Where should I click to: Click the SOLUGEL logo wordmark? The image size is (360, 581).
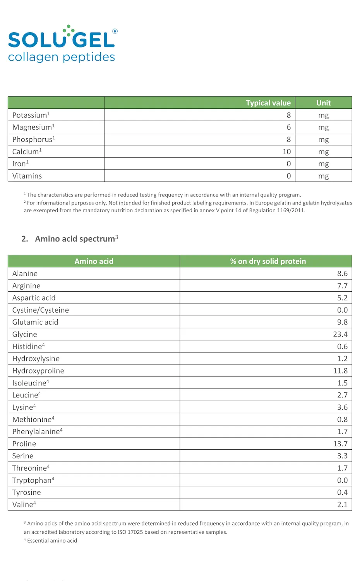pos(61,40)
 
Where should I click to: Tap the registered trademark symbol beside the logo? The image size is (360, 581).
pos(115,31)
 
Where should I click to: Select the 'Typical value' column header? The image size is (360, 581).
pos(268,103)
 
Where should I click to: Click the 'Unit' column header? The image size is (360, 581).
pos(323,103)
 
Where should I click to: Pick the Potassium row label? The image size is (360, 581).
pos(30,115)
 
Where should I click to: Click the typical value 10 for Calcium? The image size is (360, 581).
pos(286,152)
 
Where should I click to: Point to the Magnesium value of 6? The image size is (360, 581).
pos(288,127)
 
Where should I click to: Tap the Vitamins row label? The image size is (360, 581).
pos(27,176)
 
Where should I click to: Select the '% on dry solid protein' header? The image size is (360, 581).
pos(268,261)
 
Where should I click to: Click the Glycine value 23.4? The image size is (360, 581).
pos(340,334)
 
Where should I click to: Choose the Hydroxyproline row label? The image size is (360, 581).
pos(38,371)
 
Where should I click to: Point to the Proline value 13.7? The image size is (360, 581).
pos(340,444)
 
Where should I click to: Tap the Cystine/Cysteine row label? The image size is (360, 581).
pos(41,310)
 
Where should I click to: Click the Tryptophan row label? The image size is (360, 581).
pos(32,480)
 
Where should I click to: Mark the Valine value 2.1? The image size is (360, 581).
pos(342,505)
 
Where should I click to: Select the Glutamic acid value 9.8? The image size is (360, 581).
pos(342,322)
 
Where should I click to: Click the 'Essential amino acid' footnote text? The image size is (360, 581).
pos(52,541)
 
